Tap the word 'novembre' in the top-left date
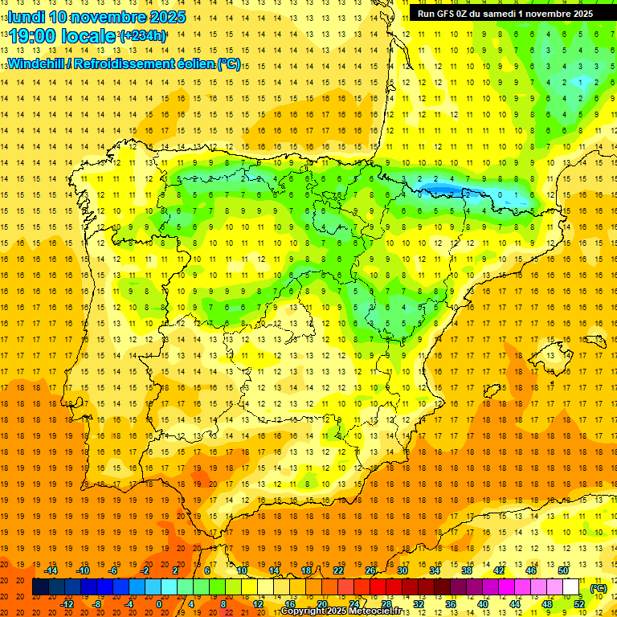pos(107,17)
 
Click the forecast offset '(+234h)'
pos(144,35)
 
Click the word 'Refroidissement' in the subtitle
pos(133,63)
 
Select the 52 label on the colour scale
pos(580,604)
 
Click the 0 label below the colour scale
pos(158,604)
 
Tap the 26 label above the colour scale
pos(370,570)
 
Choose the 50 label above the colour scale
pos(563,570)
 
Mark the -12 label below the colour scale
pos(68,604)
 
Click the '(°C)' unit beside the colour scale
pos(599,588)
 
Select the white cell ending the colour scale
pos(571,587)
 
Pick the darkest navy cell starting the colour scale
pos(40,587)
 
